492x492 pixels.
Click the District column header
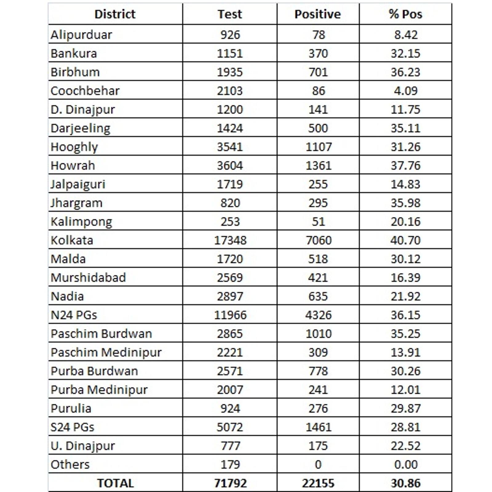click(115, 14)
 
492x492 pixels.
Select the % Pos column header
click(405, 14)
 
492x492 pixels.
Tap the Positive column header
click(318, 14)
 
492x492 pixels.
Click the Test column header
click(230, 14)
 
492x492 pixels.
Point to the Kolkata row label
click(72, 240)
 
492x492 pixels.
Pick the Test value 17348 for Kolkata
click(230, 240)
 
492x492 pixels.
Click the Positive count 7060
click(319, 240)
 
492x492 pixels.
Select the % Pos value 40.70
click(405, 240)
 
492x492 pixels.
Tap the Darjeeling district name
click(80, 128)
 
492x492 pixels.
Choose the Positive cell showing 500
click(318, 128)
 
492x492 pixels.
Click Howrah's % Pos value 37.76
click(405, 165)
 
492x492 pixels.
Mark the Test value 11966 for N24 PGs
click(230, 315)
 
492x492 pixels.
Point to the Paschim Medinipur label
click(106, 352)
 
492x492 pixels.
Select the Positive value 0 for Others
click(318, 464)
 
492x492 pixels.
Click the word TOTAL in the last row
click(115, 483)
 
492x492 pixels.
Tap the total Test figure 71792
click(230, 483)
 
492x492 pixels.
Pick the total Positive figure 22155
click(318, 483)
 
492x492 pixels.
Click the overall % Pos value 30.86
click(405, 483)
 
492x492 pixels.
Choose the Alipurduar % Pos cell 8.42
click(406, 35)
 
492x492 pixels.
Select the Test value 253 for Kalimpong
click(230, 221)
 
